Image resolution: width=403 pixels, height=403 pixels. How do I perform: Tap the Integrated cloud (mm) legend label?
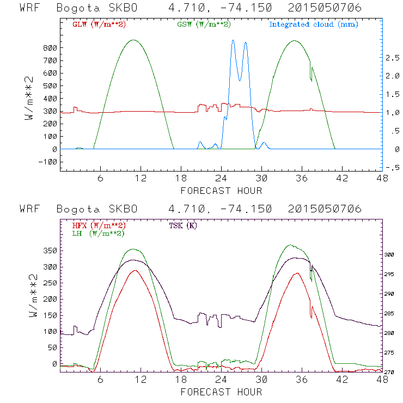click(x=314, y=25)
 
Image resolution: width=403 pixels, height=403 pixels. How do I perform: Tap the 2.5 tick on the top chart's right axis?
click(x=393, y=58)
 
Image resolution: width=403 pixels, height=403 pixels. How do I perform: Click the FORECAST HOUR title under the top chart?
click(x=221, y=191)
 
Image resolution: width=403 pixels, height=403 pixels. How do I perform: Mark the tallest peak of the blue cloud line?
click(x=233, y=40)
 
